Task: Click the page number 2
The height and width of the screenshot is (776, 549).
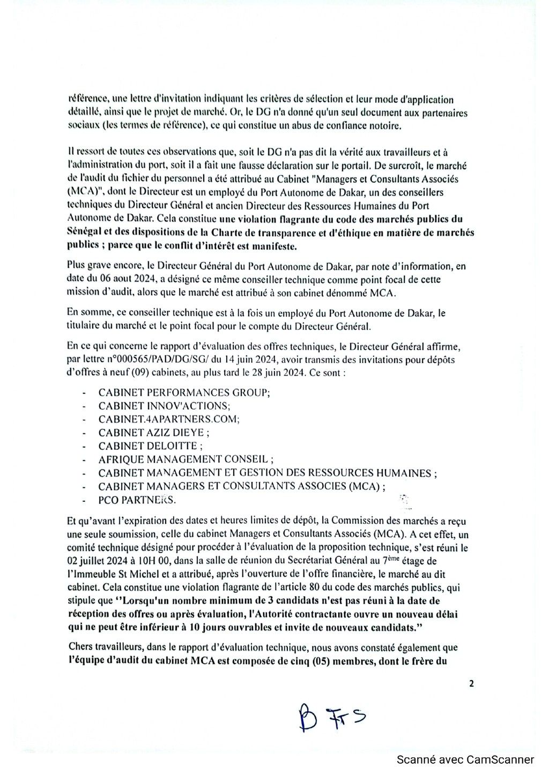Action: [x=471, y=683]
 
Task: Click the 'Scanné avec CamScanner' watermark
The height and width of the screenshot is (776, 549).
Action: [x=465, y=759]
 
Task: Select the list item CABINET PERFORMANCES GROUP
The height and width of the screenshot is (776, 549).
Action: [x=184, y=393]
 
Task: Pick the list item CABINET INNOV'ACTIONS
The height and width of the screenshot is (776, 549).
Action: [x=164, y=406]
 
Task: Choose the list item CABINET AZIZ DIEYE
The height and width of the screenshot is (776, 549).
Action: [x=154, y=433]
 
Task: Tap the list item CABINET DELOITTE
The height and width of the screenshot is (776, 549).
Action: [x=151, y=446]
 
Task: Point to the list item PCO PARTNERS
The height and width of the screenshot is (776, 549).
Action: [x=137, y=500]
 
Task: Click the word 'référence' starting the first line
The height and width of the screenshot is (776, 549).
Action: [x=85, y=100]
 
